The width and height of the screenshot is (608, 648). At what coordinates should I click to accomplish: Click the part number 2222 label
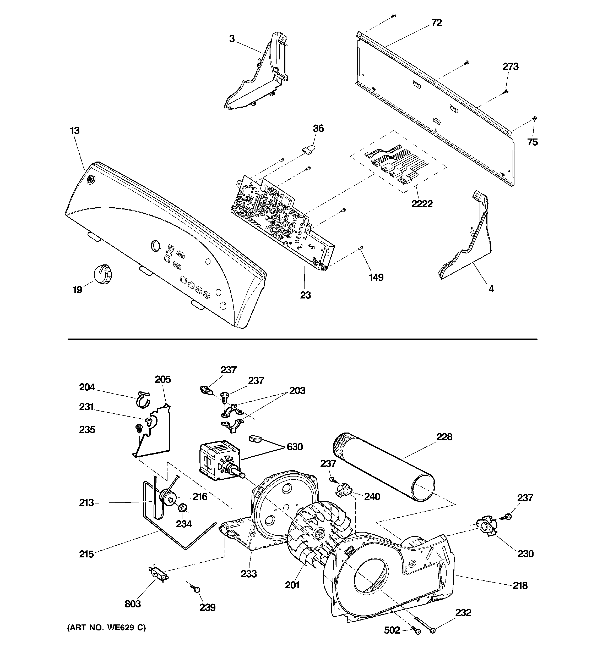point(422,204)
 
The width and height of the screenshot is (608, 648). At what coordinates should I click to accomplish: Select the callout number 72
point(436,23)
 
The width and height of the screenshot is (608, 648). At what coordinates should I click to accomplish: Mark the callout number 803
point(133,604)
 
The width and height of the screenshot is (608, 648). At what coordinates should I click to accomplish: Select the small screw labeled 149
point(361,249)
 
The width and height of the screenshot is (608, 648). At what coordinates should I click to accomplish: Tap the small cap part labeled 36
point(308,149)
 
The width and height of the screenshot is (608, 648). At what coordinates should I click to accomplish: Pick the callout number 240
point(372,496)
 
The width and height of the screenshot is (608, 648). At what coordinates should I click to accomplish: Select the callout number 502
point(392,630)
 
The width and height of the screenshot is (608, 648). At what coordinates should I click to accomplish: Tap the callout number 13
point(75,131)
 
